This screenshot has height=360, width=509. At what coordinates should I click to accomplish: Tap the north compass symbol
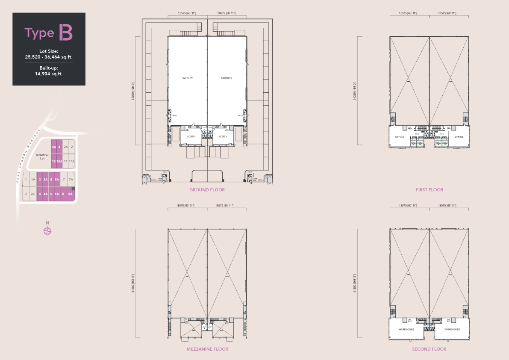click(47, 231)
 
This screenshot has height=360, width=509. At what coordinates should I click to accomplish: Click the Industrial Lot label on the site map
click(42, 156)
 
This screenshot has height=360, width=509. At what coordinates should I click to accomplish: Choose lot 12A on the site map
click(60, 161)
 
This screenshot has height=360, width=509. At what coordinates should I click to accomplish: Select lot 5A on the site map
click(57, 180)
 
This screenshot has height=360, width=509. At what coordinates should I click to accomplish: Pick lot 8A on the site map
click(71, 194)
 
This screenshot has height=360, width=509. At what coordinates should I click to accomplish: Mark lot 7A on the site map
click(71, 180)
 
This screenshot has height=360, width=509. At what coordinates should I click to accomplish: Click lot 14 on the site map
click(66, 161)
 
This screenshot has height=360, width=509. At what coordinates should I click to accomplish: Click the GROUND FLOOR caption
click(207, 189)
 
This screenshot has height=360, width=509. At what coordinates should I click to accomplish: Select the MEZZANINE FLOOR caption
click(207, 349)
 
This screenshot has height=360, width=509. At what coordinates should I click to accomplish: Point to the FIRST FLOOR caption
click(429, 189)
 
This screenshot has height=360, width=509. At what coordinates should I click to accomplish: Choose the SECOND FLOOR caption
click(429, 349)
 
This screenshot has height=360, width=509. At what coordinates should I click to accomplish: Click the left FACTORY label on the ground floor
click(187, 78)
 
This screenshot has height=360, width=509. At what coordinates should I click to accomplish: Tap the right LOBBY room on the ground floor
click(223, 136)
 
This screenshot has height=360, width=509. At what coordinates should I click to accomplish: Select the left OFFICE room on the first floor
click(399, 137)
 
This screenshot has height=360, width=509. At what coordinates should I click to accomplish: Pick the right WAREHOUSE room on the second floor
click(452, 329)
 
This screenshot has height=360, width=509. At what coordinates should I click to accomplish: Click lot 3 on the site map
click(40, 180)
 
